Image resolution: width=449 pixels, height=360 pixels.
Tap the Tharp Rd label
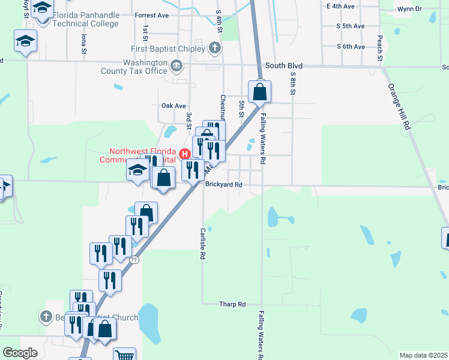[x=233, y=304]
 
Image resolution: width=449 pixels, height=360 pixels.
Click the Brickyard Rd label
[x=223, y=185]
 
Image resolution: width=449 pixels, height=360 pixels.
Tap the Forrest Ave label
[x=152, y=16]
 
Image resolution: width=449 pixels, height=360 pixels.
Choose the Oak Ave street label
[x=173, y=106]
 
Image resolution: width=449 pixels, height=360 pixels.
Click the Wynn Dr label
[x=409, y=9]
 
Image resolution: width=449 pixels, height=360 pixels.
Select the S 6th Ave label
[x=351, y=46]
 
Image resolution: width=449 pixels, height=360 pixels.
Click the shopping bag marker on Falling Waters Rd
[x=260, y=92]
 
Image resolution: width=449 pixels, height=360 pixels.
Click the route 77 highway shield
[x=134, y=260]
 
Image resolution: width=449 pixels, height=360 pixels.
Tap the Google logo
[x=20, y=353]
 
